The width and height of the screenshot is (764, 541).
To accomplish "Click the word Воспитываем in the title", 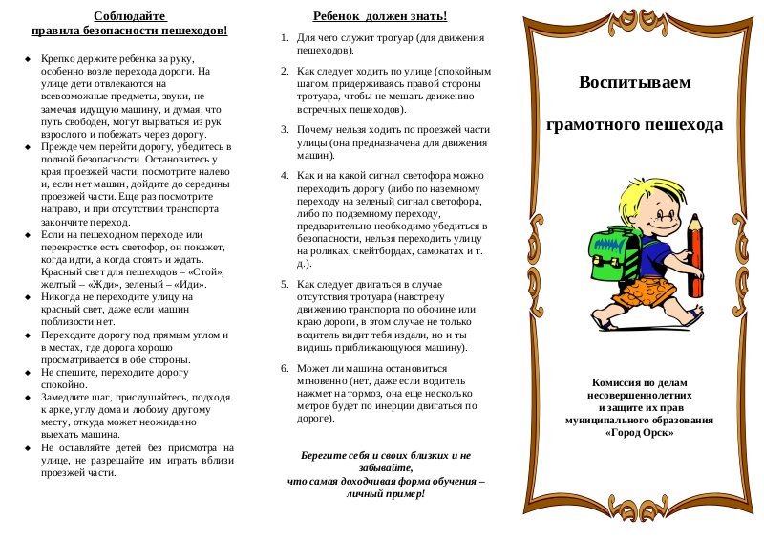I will (634, 82).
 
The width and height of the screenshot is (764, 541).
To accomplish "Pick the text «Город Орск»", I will (639, 432).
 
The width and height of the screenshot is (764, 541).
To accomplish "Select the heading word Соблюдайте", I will (130, 16).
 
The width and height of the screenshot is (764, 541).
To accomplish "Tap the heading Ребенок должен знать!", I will (380, 16).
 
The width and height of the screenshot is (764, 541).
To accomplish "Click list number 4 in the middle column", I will (285, 176).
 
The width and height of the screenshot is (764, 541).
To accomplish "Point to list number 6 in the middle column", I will (285, 369).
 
